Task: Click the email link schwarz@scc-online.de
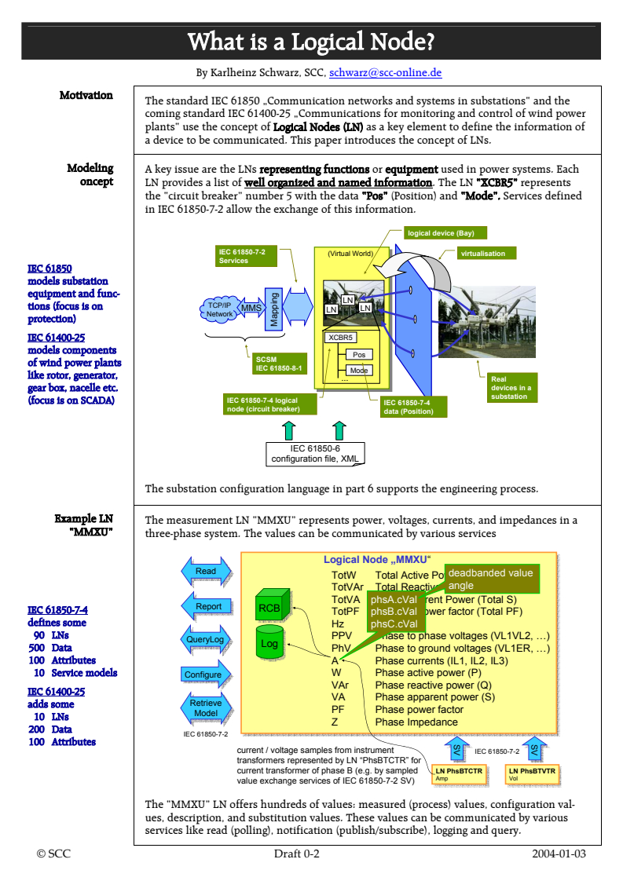pos(385,73)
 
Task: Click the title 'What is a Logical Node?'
pos(311,41)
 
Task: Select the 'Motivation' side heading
pos(86,95)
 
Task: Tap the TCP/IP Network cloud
pos(219,309)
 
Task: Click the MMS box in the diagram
pos(251,309)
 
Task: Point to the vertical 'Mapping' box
pos(274,308)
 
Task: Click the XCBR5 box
pos(340,338)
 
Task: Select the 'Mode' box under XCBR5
pos(359,371)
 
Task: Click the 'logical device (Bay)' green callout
pos(435,233)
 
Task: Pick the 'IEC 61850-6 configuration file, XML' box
pos(315,453)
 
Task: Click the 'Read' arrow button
pos(206,572)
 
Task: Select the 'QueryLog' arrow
pos(205,640)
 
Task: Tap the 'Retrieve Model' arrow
pos(205,707)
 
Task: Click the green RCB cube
pos(269,608)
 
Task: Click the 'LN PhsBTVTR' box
pos(532,773)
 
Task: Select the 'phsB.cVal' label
pos(394,612)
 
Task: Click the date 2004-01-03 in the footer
pos(558,854)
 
